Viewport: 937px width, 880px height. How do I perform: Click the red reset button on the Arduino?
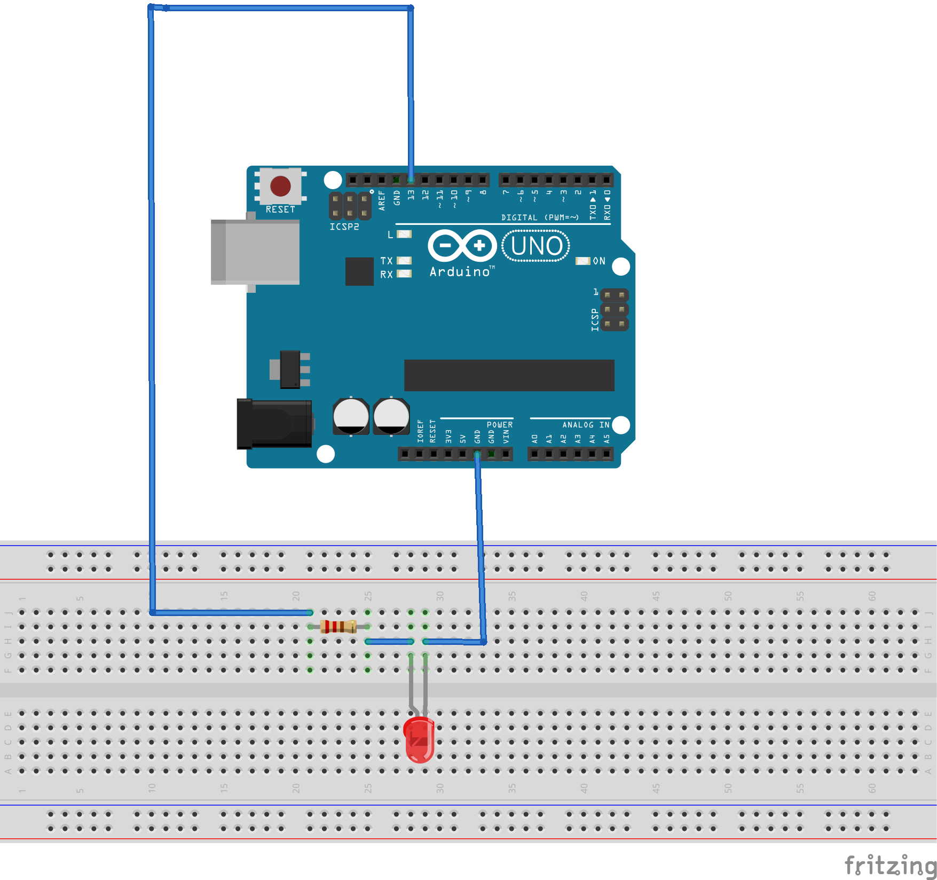pyautogui.click(x=280, y=186)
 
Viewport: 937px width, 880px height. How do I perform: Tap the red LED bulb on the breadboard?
pyautogui.click(x=420, y=739)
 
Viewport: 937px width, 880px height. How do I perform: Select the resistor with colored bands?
pyautogui.click(x=338, y=626)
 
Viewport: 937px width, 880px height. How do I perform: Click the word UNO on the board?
pyautogui.click(x=536, y=246)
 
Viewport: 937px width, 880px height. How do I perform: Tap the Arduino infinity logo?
pyautogui.click(x=462, y=246)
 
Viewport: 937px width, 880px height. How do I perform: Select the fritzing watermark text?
pyautogui.click(x=890, y=865)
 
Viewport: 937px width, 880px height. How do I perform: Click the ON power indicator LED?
pyautogui.click(x=582, y=261)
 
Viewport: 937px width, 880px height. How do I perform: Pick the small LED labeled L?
pyautogui.click(x=404, y=234)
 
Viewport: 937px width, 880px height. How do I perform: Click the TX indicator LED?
pyautogui.click(x=404, y=261)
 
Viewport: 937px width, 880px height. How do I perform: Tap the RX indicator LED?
pyautogui.click(x=404, y=274)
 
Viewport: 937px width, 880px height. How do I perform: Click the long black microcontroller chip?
pyautogui.click(x=509, y=375)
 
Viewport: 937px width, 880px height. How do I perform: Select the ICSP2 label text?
pyautogui.click(x=344, y=227)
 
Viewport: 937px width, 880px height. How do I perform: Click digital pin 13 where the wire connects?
pyautogui.click(x=411, y=180)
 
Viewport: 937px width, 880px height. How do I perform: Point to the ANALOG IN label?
pyautogui.click(x=585, y=425)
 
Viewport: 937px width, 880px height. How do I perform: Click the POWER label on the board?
pyautogui.click(x=499, y=425)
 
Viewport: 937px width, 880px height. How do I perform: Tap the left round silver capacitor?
pyautogui.click(x=351, y=416)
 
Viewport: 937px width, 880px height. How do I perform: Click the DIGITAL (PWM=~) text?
pyautogui.click(x=539, y=217)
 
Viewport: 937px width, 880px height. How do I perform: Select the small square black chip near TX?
pyautogui.click(x=359, y=271)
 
